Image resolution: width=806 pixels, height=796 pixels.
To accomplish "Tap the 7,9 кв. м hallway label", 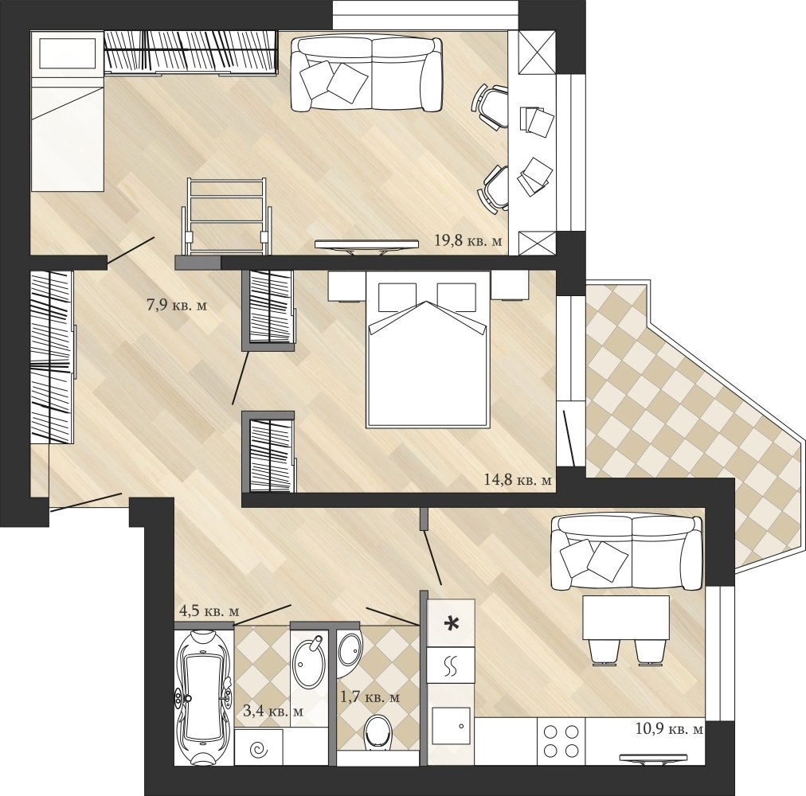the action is (177, 305).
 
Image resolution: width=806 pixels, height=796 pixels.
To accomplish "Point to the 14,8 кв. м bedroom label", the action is (518, 480).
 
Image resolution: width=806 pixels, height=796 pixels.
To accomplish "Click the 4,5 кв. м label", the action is (209, 611).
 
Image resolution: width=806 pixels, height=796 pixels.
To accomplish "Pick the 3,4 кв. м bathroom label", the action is (273, 711).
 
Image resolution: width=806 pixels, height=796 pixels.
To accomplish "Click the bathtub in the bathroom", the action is (202, 697).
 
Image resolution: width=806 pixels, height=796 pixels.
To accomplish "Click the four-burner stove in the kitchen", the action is (561, 741).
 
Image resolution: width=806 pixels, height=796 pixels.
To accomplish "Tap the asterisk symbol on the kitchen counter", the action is (452, 623).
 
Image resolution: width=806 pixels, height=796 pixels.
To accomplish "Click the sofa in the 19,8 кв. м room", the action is (366, 75).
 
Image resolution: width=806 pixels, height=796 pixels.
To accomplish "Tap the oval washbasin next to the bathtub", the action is (308, 664).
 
